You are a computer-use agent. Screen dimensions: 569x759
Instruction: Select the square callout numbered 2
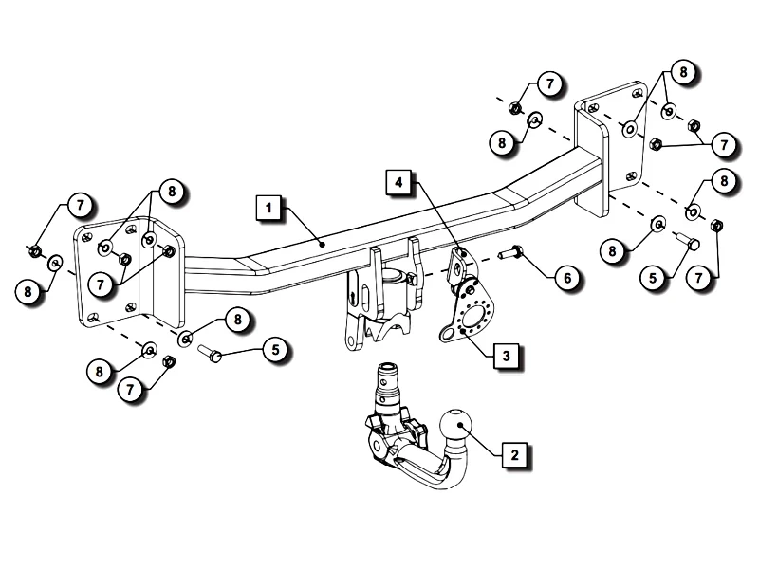[515, 455]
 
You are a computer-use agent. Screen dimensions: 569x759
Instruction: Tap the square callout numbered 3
[508, 356]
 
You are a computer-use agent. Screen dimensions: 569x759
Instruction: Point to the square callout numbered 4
[399, 181]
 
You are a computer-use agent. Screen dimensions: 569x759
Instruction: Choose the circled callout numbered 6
[566, 278]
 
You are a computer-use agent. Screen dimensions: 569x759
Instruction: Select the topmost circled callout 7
[549, 84]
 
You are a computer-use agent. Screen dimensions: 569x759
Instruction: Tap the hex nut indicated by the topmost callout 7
[514, 107]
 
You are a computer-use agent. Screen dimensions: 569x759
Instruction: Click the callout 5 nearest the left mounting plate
[275, 350]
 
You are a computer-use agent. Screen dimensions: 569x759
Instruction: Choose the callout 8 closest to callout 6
[615, 252]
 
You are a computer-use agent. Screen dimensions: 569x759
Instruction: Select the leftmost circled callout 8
[29, 291]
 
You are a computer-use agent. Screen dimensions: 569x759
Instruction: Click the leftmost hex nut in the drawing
[33, 250]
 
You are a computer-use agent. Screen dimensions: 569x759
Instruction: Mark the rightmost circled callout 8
[724, 180]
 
